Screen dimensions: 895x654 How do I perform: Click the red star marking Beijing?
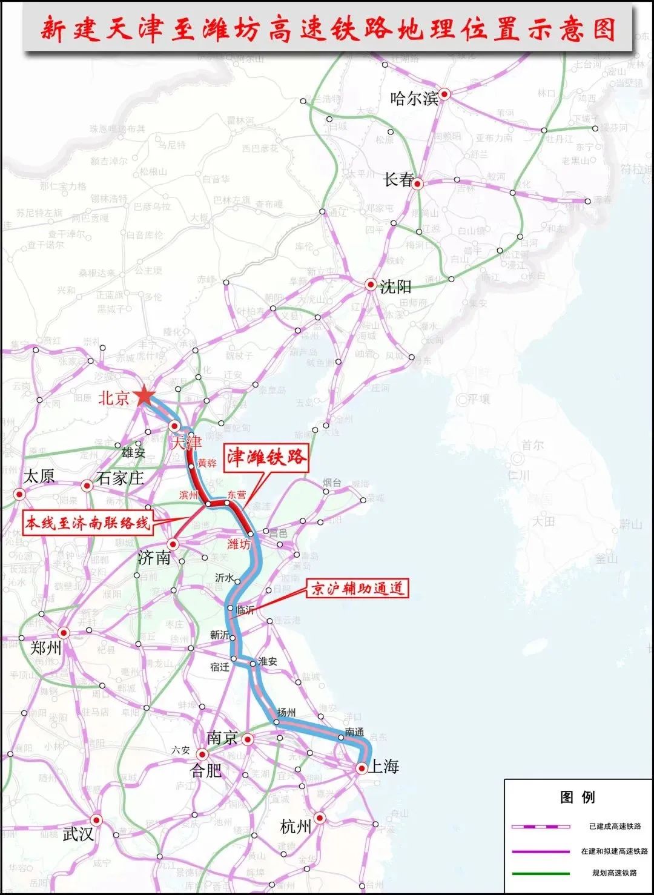145,397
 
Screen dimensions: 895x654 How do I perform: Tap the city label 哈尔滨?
414,98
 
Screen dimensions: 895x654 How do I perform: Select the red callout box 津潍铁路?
266,458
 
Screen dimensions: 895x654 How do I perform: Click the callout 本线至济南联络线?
87,522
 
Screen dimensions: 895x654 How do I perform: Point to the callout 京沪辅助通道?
357,588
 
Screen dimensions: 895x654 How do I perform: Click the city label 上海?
384,767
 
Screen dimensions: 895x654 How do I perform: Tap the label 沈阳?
395,286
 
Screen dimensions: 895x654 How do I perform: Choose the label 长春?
398,180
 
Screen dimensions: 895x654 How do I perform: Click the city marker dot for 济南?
173,544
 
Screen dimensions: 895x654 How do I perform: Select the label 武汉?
78,834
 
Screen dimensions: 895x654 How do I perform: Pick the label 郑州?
46,648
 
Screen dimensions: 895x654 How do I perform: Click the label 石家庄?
120,478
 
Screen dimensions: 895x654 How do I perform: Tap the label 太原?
39,476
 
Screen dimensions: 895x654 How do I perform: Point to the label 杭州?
296,826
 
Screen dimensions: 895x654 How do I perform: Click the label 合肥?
206,770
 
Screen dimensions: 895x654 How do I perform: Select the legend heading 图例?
577,797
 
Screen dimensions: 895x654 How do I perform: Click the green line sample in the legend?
541,873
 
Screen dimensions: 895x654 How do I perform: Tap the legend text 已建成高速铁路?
615,826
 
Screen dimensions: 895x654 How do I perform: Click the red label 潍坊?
238,544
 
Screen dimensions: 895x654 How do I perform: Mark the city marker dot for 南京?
247,739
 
